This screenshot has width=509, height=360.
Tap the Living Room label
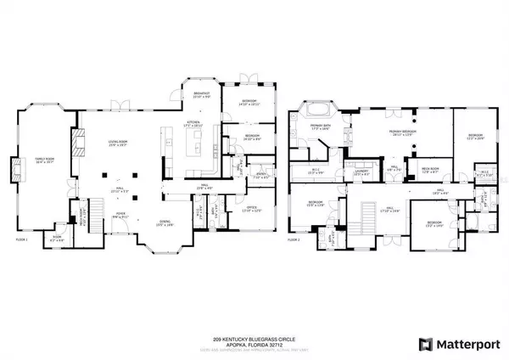116,143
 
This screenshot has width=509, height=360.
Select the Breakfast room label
201,95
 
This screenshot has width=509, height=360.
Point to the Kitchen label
196,124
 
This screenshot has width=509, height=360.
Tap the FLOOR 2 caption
294,240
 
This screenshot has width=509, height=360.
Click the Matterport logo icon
425,344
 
